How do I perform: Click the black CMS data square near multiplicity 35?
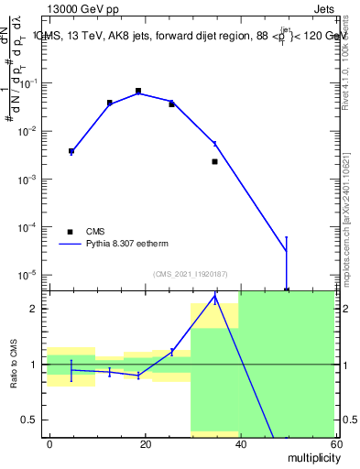(214, 161)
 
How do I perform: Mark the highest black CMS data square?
(138, 91)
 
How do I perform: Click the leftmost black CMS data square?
(71, 151)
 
